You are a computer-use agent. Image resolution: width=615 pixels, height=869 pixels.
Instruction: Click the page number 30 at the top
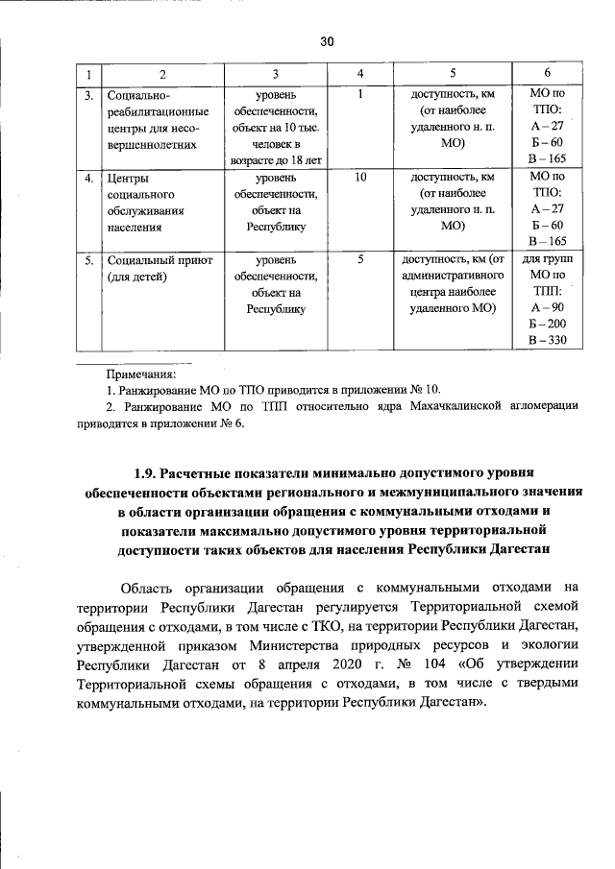(x=326, y=42)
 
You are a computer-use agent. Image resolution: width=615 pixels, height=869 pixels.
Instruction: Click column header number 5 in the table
(x=452, y=75)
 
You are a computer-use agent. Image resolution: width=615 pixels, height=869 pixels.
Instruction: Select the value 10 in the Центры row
(x=360, y=178)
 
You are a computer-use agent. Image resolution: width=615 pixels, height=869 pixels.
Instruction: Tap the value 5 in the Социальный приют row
(x=360, y=259)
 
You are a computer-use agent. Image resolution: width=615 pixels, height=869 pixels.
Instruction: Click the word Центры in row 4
(x=128, y=178)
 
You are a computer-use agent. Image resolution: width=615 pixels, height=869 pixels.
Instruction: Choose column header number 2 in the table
(x=162, y=75)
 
